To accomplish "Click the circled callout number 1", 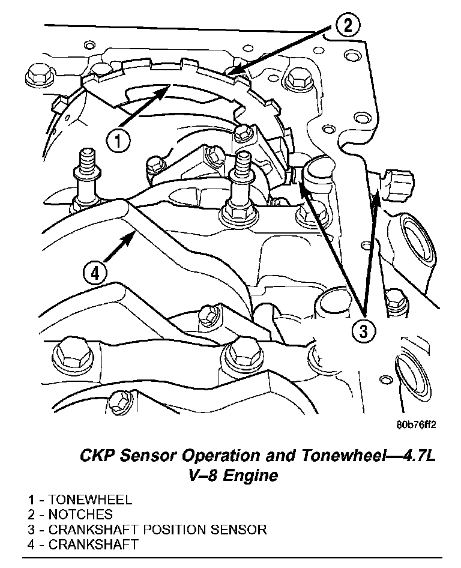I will [118, 141].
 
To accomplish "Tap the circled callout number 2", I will [348, 25].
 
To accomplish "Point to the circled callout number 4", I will [95, 274].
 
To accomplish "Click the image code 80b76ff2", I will [416, 424].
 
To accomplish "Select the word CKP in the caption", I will [98, 456].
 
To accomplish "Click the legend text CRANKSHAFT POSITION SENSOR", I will [157, 530].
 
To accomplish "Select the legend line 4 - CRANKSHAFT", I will [82, 545].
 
